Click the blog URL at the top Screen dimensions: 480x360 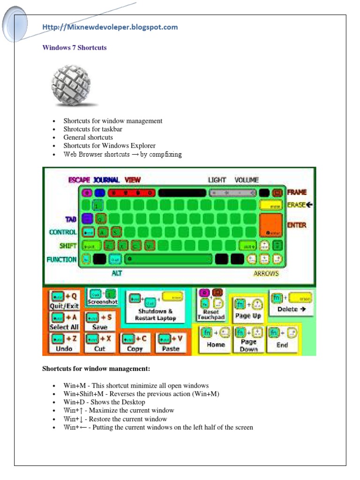click(x=110, y=27)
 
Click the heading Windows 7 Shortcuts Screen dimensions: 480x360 click(x=75, y=48)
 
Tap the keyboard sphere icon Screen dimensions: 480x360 click(x=74, y=86)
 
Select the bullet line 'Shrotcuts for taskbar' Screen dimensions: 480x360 click(x=93, y=129)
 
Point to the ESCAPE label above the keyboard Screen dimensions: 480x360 click(x=79, y=180)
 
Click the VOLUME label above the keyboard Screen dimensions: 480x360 click(x=247, y=180)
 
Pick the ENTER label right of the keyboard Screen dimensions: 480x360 click(x=297, y=225)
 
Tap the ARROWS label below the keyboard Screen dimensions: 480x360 click(x=266, y=274)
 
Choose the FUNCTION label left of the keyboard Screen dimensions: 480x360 click(x=61, y=259)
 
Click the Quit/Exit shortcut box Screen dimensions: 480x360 click(x=65, y=300)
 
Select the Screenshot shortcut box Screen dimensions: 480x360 click(x=102, y=298)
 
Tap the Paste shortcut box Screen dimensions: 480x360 click(x=171, y=343)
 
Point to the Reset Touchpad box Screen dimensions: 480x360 click(x=211, y=304)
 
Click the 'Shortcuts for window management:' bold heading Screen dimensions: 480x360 click(x=96, y=369)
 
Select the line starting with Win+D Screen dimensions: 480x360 click(x=105, y=402)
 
